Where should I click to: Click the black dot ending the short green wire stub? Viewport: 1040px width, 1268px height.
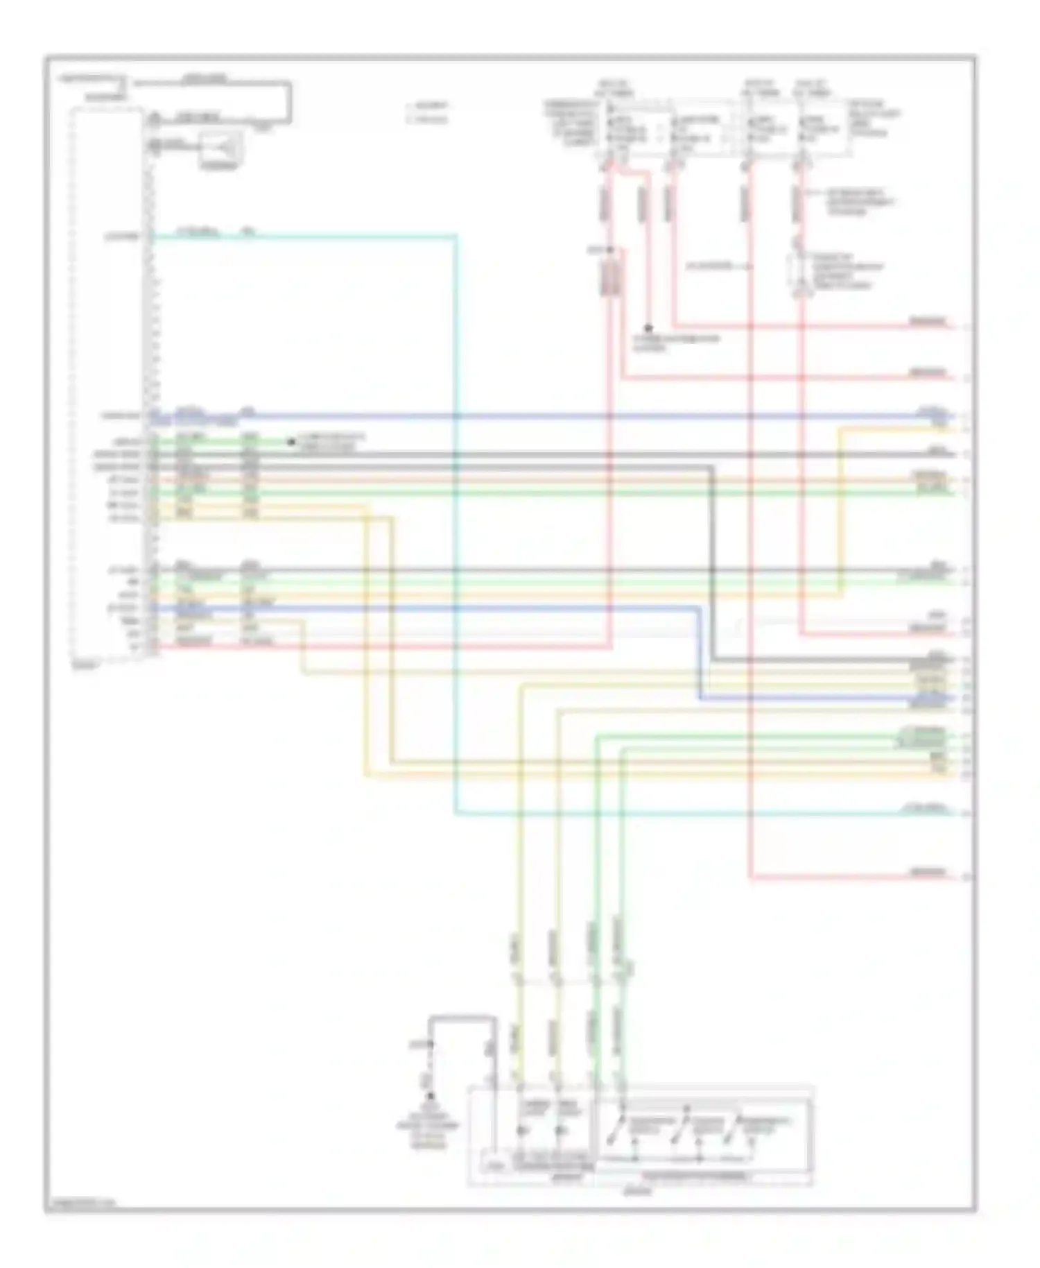coord(291,441)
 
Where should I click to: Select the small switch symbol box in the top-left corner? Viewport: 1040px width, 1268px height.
coord(221,148)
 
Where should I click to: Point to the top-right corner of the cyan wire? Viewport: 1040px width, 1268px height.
coord(456,237)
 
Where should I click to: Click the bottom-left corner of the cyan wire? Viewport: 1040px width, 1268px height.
coord(456,812)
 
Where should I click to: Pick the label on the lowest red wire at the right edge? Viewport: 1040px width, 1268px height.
coord(928,871)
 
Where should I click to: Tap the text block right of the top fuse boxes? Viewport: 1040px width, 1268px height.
coord(875,118)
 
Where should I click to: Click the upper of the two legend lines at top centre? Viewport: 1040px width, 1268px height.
coord(430,106)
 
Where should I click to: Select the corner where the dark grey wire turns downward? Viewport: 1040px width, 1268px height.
coord(712,468)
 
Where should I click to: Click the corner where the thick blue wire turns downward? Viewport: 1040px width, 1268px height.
coord(700,608)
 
